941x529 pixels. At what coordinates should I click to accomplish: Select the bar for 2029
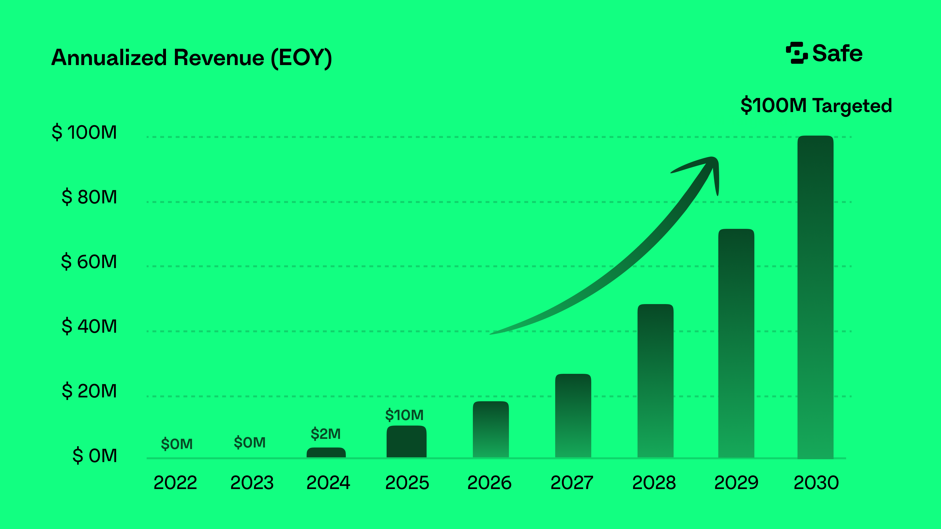click(x=736, y=343)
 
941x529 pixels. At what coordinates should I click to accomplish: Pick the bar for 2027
click(x=573, y=415)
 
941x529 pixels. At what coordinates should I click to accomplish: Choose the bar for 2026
click(x=491, y=429)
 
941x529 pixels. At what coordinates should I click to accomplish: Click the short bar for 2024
click(x=326, y=453)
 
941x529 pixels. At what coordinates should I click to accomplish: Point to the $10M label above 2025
click(x=404, y=415)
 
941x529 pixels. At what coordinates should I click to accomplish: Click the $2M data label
click(x=325, y=434)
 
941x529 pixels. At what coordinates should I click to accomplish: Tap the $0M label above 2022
click(x=176, y=444)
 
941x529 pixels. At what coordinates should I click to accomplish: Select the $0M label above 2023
click(x=250, y=443)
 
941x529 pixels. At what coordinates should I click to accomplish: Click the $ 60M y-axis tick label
click(x=89, y=261)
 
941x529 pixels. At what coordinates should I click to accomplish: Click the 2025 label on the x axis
click(x=407, y=483)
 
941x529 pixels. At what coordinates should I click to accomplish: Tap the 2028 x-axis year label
click(x=654, y=483)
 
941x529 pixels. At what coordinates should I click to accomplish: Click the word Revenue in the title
click(x=219, y=58)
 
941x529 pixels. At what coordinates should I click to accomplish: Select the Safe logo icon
click(x=796, y=53)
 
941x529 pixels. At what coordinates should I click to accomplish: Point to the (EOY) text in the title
click(x=301, y=58)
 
